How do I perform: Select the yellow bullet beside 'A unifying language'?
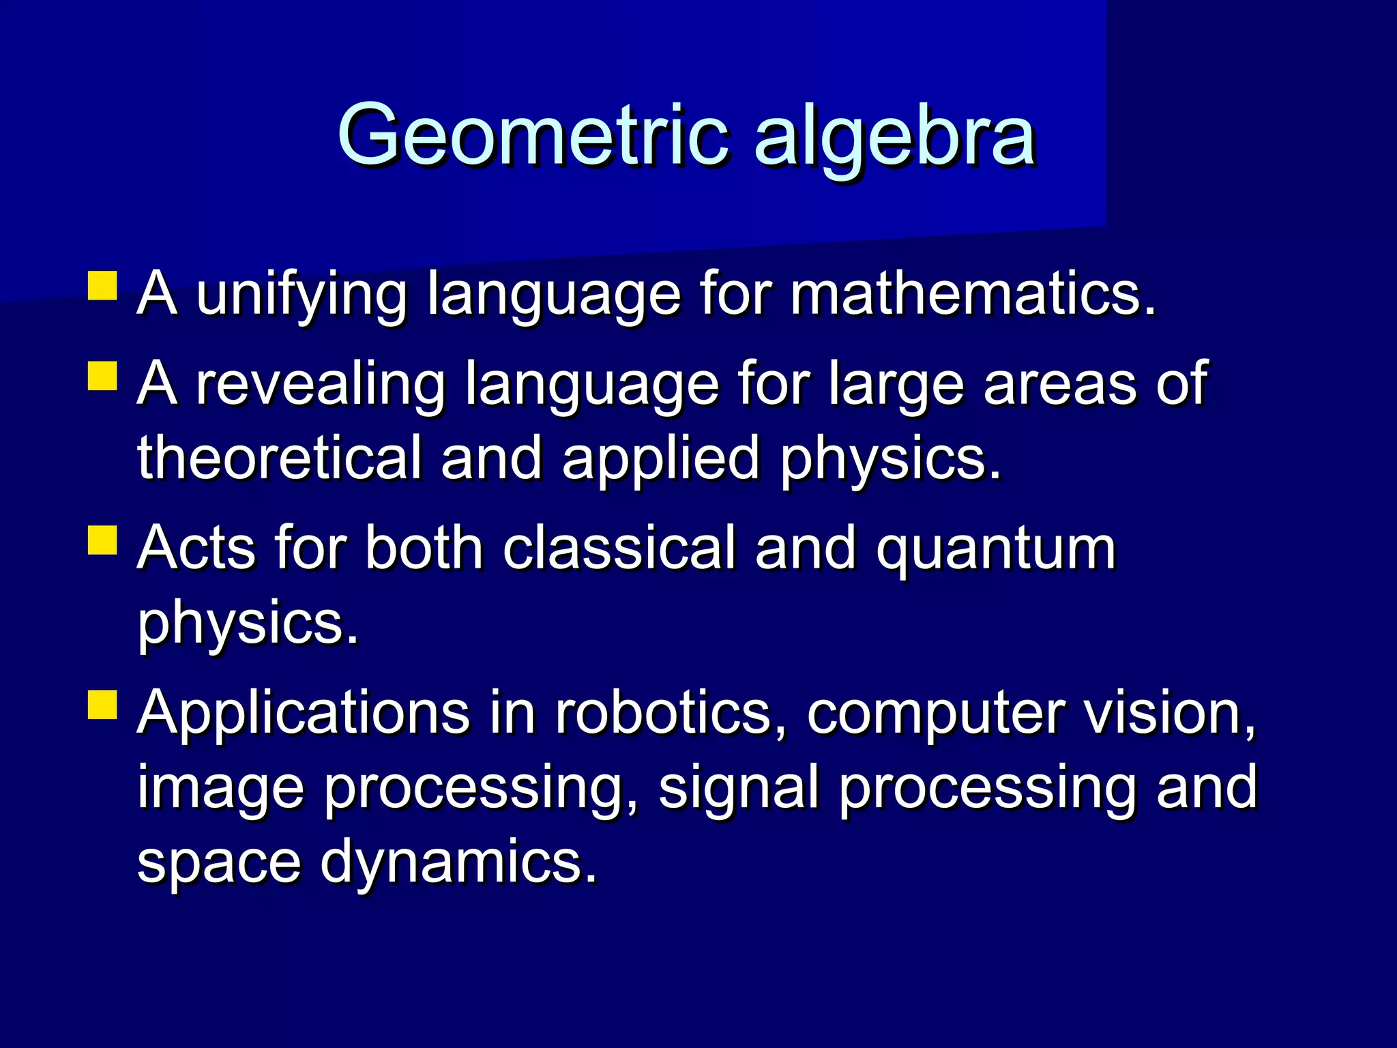102,287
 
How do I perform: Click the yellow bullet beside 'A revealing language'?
102,376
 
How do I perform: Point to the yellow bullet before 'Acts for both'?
102,540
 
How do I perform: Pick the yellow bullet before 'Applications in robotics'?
102,705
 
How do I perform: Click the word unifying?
302,295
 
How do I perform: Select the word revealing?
321,384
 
